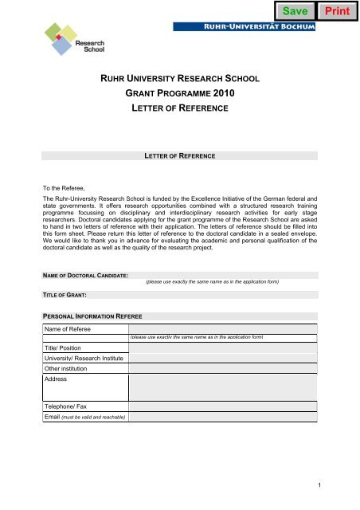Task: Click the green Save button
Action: point(295,11)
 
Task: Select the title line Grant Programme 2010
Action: point(178,92)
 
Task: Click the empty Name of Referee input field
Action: point(223,328)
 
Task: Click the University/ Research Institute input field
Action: point(223,359)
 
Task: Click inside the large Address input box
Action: point(223,387)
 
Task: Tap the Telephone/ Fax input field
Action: point(223,406)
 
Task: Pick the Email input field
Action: point(223,417)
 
